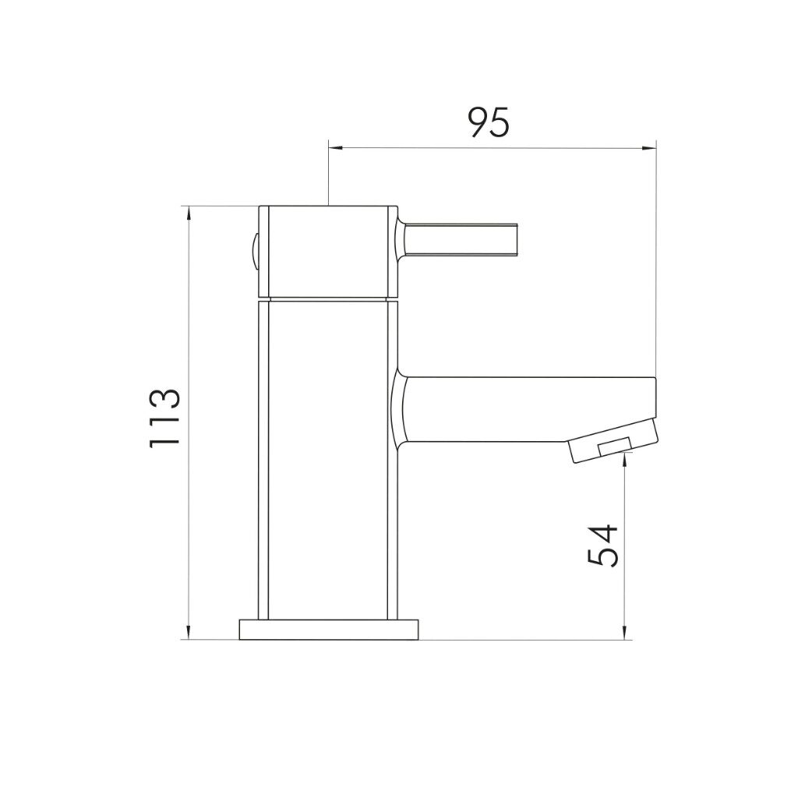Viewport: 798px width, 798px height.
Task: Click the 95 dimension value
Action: coord(488,122)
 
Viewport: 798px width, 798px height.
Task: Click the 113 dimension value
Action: coord(164,418)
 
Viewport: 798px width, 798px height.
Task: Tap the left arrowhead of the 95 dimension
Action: coord(336,148)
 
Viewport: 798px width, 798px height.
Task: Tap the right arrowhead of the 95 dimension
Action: coord(649,148)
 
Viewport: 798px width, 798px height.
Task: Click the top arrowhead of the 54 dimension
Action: coord(624,458)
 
